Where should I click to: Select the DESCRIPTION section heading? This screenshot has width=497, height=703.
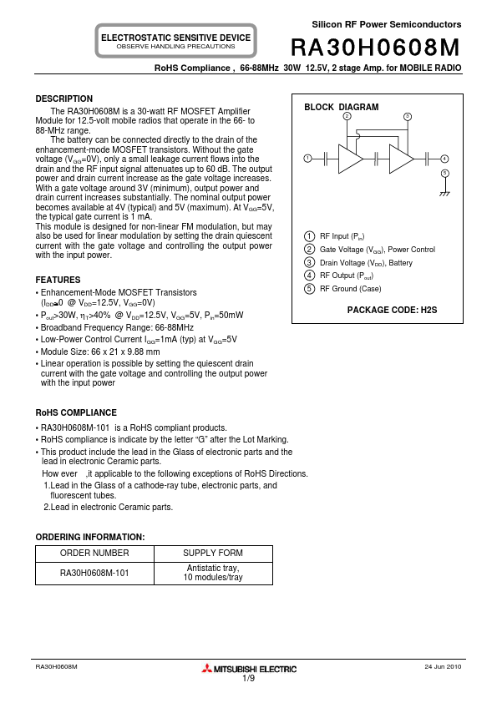[64, 99]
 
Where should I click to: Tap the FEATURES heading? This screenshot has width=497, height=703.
[58, 280]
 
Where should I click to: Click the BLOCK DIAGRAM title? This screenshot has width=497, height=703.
[341, 108]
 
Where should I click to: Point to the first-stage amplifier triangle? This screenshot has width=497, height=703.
[350, 158]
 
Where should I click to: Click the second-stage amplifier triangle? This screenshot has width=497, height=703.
[401, 158]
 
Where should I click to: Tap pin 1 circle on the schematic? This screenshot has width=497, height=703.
[307, 158]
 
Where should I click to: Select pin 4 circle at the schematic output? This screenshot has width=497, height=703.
[444, 158]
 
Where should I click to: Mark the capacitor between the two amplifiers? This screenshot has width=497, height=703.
[377, 158]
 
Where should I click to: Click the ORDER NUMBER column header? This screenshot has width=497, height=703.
[94, 554]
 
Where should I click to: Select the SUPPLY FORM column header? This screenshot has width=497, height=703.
[213, 554]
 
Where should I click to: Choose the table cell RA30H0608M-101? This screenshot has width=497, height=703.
[94, 574]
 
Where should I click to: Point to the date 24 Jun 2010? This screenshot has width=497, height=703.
[443, 667]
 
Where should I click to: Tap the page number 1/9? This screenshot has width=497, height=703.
[249, 679]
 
